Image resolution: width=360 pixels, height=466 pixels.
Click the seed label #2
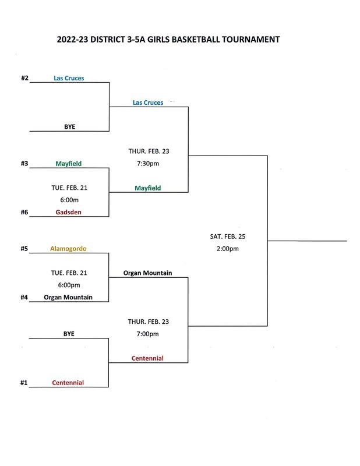click(x=24, y=77)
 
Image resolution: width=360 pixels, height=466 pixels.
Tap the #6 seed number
click(x=24, y=212)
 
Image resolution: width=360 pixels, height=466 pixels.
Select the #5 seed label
click(x=24, y=249)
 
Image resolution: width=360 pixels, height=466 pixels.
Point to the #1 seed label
click(x=24, y=383)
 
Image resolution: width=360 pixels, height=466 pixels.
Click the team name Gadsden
click(x=69, y=212)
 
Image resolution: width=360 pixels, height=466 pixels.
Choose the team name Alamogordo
click(x=69, y=249)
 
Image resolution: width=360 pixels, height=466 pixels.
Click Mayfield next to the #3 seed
click(x=69, y=164)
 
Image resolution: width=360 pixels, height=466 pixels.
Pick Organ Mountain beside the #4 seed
click(x=68, y=297)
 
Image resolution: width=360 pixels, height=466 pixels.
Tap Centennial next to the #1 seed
click(x=68, y=383)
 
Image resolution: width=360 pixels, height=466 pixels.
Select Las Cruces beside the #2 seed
click(x=69, y=77)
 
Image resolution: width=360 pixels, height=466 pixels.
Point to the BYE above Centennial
click(x=69, y=334)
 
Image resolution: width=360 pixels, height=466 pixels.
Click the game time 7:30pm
click(x=148, y=163)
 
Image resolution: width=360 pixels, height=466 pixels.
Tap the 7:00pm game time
click(x=148, y=334)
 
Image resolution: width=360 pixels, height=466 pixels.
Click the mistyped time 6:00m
click(x=69, y=200)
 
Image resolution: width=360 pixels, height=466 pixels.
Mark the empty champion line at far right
click(x=307, y=241)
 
